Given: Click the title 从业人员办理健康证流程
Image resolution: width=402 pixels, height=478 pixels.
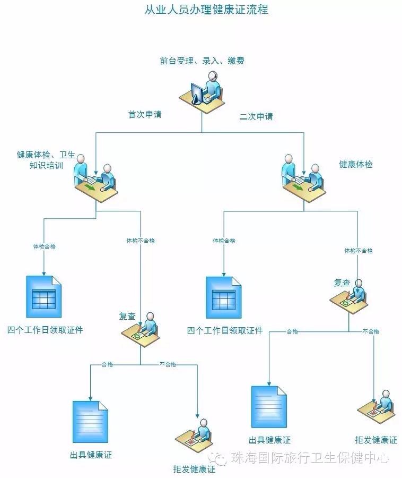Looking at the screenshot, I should pyautogui.click(x=206, y=10).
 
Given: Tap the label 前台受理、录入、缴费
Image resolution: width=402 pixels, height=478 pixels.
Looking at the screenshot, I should pyautogui.click(x=202, y=61).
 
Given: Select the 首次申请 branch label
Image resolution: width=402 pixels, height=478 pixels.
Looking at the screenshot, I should pyautogui.click(x=145, y=114).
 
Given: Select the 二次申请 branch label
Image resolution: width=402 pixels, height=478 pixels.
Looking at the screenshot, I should pyautogui.click(x=256, y=116).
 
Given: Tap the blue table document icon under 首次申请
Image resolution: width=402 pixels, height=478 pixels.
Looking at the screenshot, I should pyautogui.click(x=44, y=296).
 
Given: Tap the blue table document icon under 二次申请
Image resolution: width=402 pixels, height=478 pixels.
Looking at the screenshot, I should pyautogui.click(x=223, y=296).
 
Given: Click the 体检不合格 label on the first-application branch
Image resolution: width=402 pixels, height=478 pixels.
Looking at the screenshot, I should pyautogui.click(x=141, y=241).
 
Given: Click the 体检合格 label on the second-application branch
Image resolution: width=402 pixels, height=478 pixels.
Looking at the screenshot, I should pyautogui.click(x=224, y=241).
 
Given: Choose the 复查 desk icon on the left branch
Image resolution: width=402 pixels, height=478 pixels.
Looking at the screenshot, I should pyautogui.click(x=141, y=327).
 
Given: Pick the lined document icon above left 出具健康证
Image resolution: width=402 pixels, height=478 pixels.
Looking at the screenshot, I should pyautogui.click(x=90, y=422).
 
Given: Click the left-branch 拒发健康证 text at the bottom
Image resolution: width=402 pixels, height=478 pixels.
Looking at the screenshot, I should pyautogui.click(x=194, y=470).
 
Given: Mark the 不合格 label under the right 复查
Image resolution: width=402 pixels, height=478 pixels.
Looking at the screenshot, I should pyautogui.click(x=371, y=331).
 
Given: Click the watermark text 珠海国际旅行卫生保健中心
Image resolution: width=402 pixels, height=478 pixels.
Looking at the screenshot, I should pyautogui.click(x=310, y=458).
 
